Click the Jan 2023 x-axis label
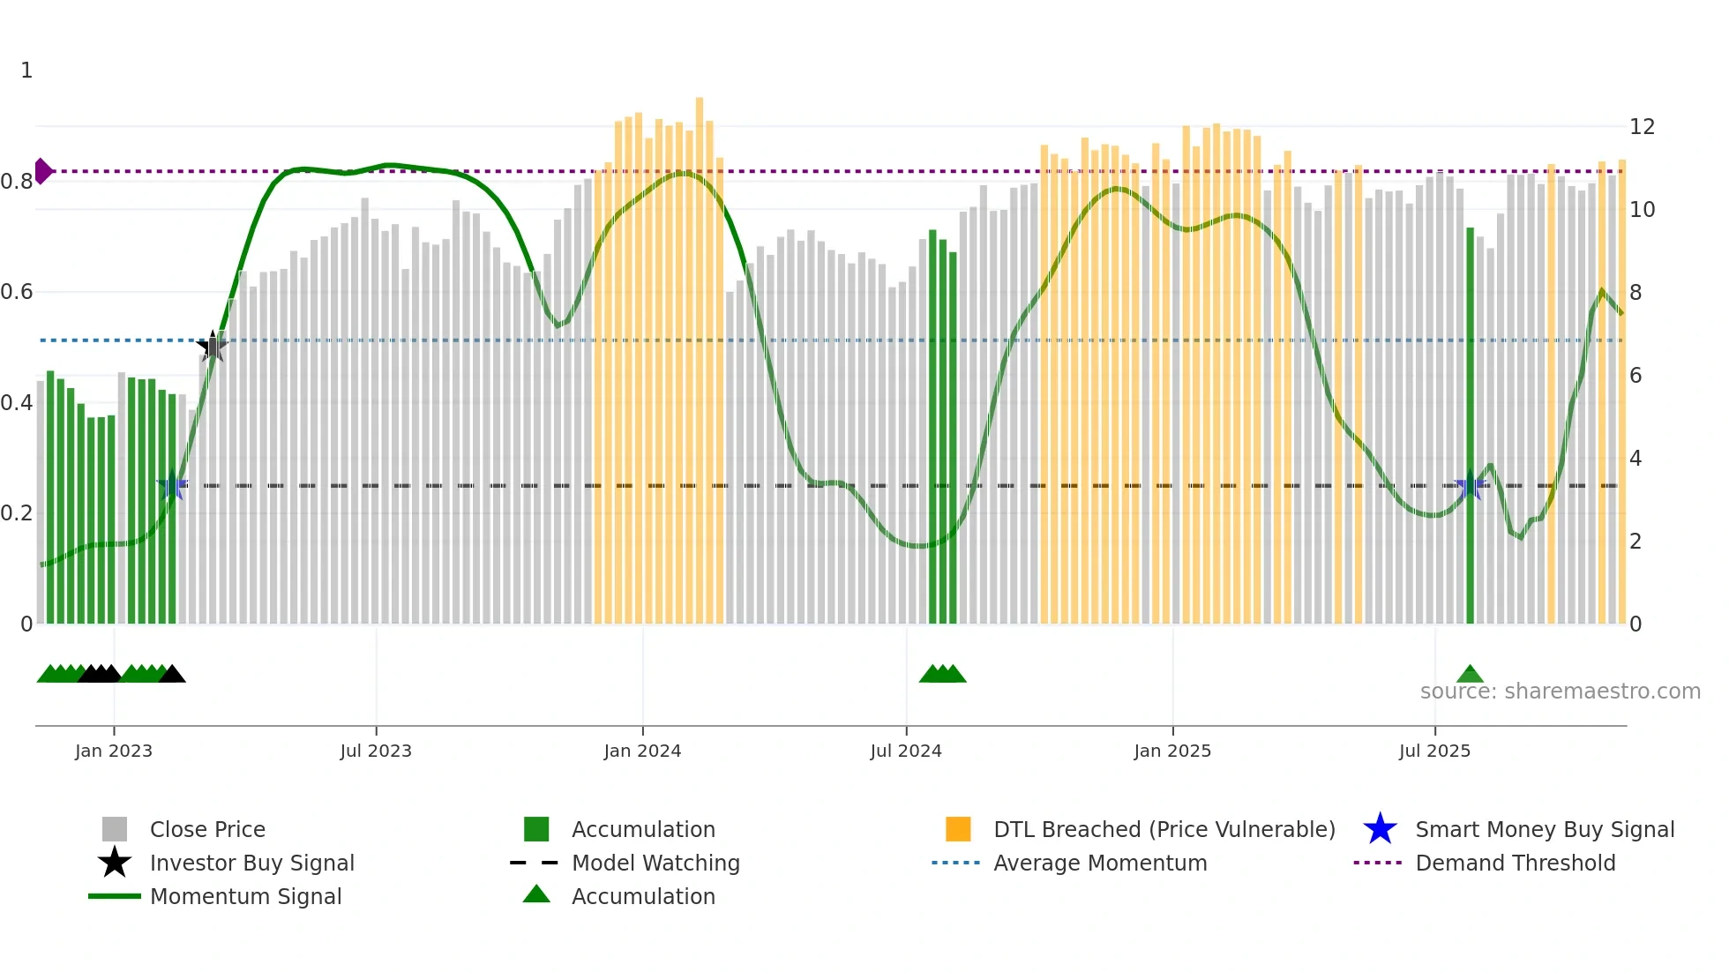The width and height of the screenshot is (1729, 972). tap(114, 751)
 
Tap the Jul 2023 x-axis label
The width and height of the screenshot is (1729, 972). tap(376, 751)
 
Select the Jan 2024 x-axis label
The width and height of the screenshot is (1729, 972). tap(642, 751)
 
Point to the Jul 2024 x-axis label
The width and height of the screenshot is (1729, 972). tap(906, 751)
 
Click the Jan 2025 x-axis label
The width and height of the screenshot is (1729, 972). tap(1172, 751)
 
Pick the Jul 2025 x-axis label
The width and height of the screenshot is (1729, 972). tap(1434, 751)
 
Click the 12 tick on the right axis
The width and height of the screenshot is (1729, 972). tap(1642, 127)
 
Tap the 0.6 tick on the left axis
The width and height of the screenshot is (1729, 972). tap(18, 292)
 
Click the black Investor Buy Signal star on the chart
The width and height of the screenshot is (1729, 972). tap(212, 346)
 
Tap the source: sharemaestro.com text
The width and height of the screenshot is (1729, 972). tap(1560, 692)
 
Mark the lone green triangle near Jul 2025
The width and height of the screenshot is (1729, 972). tap(1470, 675)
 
